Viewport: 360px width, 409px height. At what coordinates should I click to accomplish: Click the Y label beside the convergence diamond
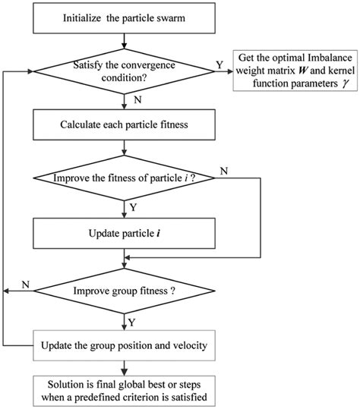tap(219, 64)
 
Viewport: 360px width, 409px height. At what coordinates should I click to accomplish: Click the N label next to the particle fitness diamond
tap(223, 171)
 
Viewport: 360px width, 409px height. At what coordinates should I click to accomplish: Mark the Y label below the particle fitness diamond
tap(134, 206)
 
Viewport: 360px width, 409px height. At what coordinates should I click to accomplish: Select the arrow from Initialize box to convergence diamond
tap(124, 38)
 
